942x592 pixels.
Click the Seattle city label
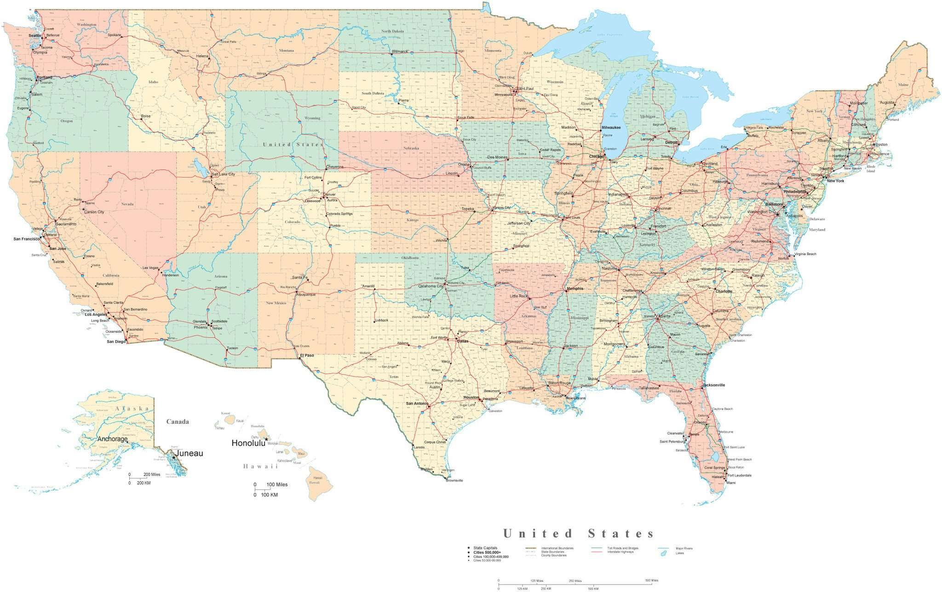click(x=34, y=35)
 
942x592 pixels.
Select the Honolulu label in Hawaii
click(x=248, y=443)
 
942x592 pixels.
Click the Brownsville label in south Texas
click(x=454, y=480)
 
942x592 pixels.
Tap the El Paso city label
click(x=307, y=355)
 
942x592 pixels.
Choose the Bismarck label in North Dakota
click(x=400, y=51)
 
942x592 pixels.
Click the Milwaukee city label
click(x=611, y=127)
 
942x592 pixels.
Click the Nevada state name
click(x=127, y=204)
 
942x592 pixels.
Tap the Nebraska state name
click(x=411, y=148)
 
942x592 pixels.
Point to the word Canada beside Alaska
click(x=178, y=421)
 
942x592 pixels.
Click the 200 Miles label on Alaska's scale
click(x=152, y=474)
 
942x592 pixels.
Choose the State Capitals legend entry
click(x=485, y=548)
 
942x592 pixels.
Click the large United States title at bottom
click(x=578, y=534)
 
